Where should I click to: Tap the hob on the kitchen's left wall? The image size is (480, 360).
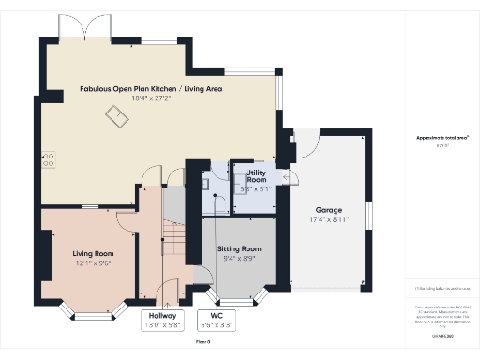click(48, 161)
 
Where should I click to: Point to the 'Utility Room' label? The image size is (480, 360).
click(256, 176)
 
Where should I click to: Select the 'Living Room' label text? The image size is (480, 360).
click(93, 253)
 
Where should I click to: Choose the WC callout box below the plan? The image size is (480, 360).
click(217, 321)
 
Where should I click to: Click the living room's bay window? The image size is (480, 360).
click(92, 308)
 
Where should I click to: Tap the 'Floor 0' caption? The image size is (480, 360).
click(203, 342)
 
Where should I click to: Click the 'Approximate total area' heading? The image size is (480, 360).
click(436, 137)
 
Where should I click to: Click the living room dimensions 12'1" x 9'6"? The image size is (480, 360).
click(93, 263)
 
